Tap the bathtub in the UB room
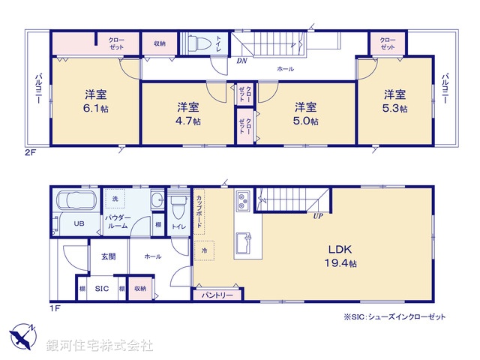(74, 202)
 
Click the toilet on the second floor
(199, 42)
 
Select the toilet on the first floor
(178, 205)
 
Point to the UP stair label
(319, 216)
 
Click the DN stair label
(241, 60)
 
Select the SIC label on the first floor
(101, 288)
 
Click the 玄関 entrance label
(108, 256)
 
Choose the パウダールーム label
(118, 220)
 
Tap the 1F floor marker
(54, 307)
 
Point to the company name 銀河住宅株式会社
(99, 346)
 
